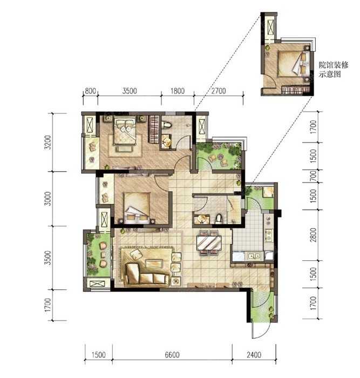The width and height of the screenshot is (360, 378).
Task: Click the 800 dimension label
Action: click(90, 91)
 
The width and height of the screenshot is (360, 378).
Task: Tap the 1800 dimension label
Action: click(178, 91)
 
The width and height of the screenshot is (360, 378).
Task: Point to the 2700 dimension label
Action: click(219, 91)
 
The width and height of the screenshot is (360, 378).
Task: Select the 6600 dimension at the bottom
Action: click(172, 355)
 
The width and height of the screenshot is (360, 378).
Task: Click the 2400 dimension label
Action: click(254, 355)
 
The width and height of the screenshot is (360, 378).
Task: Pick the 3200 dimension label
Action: click(48, 142)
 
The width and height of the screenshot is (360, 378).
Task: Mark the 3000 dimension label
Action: click(48, 199)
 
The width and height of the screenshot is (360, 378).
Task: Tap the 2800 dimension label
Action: click(313, 235)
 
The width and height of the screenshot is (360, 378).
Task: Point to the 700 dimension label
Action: click(313, 176)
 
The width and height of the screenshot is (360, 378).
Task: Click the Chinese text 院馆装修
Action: click(334, 65)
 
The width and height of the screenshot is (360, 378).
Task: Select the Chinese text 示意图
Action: click(330, 75)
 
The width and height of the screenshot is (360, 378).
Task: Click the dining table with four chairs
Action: click(209, 243)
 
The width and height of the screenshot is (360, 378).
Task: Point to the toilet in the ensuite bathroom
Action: click(166, 125)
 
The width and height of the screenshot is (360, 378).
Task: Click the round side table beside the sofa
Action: click(176, 281)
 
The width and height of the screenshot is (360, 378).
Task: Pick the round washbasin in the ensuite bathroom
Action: click(166, 141)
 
